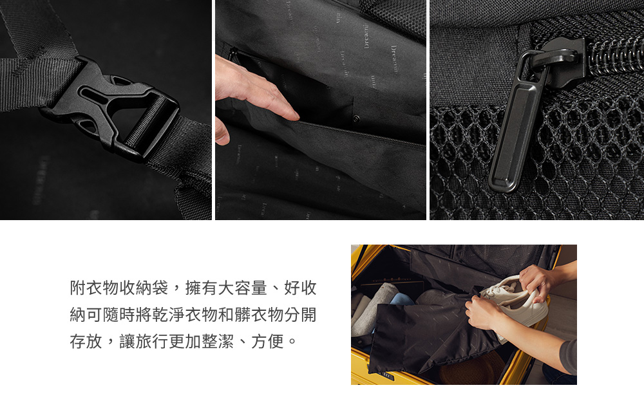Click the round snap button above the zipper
tap(357, 119)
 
